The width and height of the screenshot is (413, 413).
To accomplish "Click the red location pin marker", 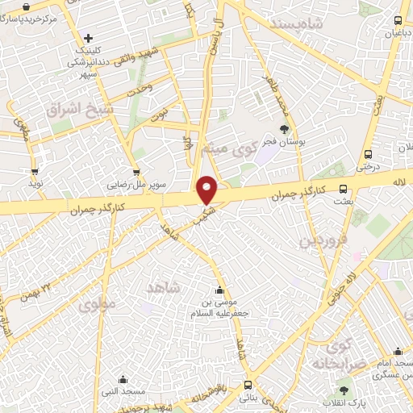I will (x=207, y=189).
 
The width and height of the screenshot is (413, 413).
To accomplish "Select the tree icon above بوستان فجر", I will (x=283, y=127).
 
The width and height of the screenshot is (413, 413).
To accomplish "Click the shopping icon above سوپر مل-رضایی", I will (x=136, y=171).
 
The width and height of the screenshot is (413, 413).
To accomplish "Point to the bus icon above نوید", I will (x=35, y=171).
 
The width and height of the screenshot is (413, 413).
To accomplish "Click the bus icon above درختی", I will (x=368, y=153).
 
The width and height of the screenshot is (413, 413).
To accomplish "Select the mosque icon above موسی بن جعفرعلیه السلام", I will (x=219, y=290).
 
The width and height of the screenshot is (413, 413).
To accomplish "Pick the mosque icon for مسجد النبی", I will (x=123, y=379).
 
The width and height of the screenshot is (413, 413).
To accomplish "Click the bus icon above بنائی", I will (x=247, y=385).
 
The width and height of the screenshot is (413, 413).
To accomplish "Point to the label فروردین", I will (x=323, y=240).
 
